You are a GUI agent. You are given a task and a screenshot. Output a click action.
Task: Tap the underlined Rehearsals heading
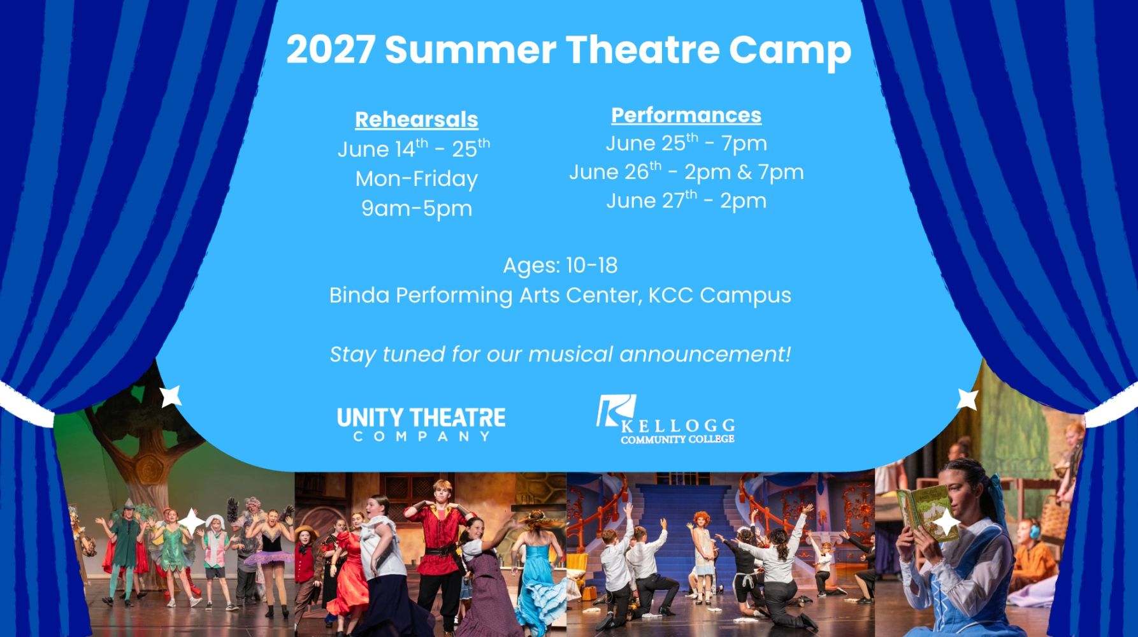[417, 120]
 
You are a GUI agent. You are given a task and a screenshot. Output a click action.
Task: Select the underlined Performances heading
[686, 115]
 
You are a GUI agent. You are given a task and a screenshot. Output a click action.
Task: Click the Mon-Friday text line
[417, 179]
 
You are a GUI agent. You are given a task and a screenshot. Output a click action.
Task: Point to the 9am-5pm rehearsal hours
[417, 209]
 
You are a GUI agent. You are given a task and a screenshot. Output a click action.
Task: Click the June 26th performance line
[686, 171]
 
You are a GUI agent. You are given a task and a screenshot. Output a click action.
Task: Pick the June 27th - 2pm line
[686, 200]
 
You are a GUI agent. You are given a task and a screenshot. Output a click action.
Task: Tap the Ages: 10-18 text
[560, 266]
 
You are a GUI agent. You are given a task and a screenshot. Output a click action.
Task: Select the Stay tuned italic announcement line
[560, 354]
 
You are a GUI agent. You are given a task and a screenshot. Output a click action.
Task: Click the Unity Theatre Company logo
[421, 424]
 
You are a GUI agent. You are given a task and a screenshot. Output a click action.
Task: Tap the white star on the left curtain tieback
[171, 396]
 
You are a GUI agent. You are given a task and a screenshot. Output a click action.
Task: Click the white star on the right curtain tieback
[968, 399]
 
